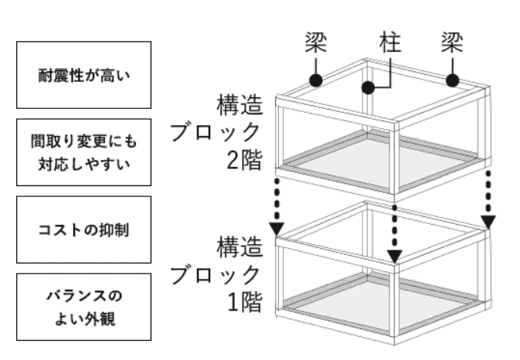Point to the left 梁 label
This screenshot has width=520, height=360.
pyautogui.click(x=316, y=42)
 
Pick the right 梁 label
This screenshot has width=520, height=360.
pyautogui.click(x=454, y=42)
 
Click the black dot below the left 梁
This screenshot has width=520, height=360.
pyautogui.click(x=316, y=80)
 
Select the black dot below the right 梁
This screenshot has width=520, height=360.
pyautogui.click(x=454, y=80)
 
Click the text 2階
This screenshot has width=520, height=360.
pyautogui.click(x=242, y=160)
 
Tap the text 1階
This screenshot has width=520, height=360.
pyautogui.click(x=242, y=301)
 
